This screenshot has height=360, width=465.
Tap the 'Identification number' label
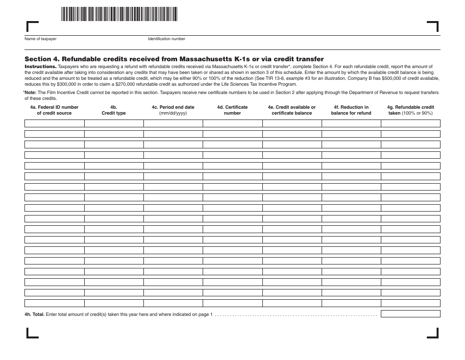pos(166,39)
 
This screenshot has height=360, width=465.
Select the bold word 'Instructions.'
pos(40,66)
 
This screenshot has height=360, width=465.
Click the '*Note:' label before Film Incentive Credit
pos(31,92)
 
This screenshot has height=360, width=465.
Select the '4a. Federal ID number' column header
pos(54,110)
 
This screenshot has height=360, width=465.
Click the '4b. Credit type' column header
pos(114,110)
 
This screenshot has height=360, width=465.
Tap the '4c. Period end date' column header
pos(173,110)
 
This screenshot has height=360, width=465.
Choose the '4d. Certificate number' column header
pos(232,110)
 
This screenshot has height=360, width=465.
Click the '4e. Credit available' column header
pos(292,110)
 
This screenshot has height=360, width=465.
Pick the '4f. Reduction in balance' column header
pos(351,110)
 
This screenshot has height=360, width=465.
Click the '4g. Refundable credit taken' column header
pos(410,110)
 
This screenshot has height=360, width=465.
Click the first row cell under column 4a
pos(54,123)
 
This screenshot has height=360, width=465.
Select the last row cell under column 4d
pos(232,303)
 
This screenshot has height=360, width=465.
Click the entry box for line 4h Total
pos(410,314)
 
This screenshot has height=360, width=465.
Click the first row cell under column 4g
pos(410,123)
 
